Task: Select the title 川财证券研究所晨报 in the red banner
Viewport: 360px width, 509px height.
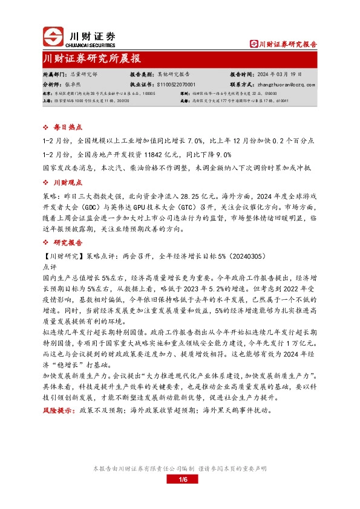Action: [91, 59]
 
